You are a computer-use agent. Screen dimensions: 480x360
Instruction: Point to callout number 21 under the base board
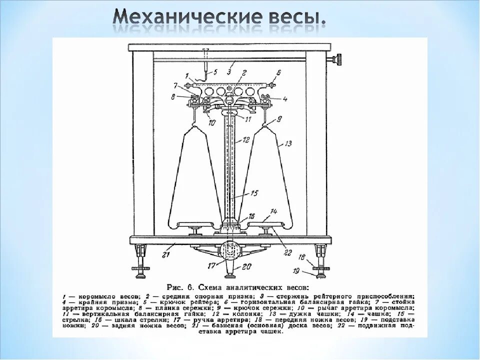(x=165, y=255)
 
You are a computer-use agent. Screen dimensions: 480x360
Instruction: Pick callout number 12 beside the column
(x=246, y=140)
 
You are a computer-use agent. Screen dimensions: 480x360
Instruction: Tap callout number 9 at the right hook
(x=279, y=118)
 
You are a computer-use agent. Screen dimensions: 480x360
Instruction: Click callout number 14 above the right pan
(x=273, y=211)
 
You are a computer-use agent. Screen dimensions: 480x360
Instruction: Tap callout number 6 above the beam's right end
(x=278, y=72)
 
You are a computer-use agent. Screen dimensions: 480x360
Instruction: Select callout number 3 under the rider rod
(x=228, y=72)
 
